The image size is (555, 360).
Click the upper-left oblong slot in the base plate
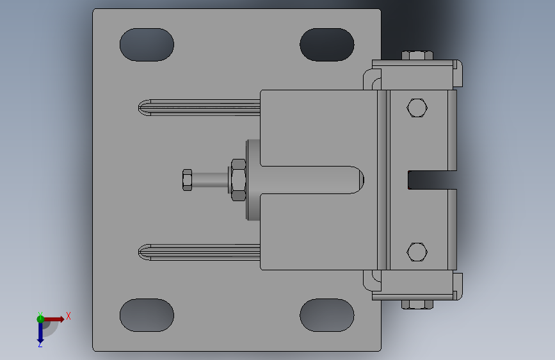[x=147, y=45]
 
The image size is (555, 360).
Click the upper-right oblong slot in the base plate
[x=326, y=45]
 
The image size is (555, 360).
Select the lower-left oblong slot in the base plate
[x=147, y=315]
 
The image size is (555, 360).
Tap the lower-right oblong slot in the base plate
[x=326, y=315]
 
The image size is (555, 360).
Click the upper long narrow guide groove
[x=198, y=107]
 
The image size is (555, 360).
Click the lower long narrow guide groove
[x=198, y=252]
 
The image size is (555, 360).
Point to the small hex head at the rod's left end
[x=188, y=180]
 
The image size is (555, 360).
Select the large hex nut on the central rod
[x=237, y=180]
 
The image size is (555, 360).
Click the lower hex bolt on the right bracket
[x=417, y=252]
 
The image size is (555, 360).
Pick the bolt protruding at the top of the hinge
[x=417, y=55]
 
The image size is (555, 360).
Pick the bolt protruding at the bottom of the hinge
[x=417, y=304]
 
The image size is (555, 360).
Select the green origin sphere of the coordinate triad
[x=40, y=318]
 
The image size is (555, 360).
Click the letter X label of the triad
[x=68, y=316]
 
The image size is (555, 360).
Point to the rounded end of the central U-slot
[x=357, y=180]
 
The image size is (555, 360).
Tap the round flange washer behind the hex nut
[x=253, y=180]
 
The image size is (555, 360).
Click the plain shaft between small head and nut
[x=210, y=180]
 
